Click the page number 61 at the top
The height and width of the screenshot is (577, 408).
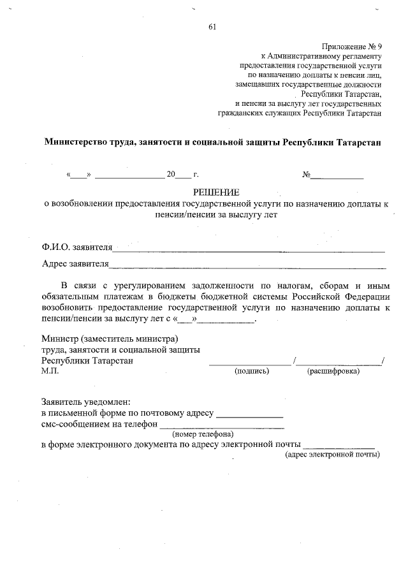click(212, 26)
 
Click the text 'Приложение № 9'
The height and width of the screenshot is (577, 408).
click(352, 47)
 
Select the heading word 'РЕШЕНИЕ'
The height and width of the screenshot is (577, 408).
click(216, 193)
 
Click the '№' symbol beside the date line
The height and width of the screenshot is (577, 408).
click(306, 174)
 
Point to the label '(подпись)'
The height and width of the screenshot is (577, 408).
click(252, 371)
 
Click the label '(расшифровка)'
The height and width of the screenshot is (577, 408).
click(333, 371)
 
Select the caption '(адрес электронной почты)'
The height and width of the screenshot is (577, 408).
click(332, 454)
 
